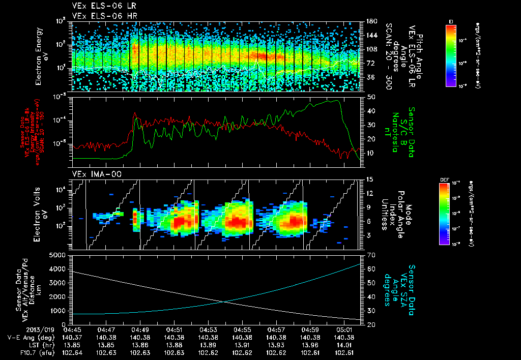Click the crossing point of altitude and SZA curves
tap(224, 302)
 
